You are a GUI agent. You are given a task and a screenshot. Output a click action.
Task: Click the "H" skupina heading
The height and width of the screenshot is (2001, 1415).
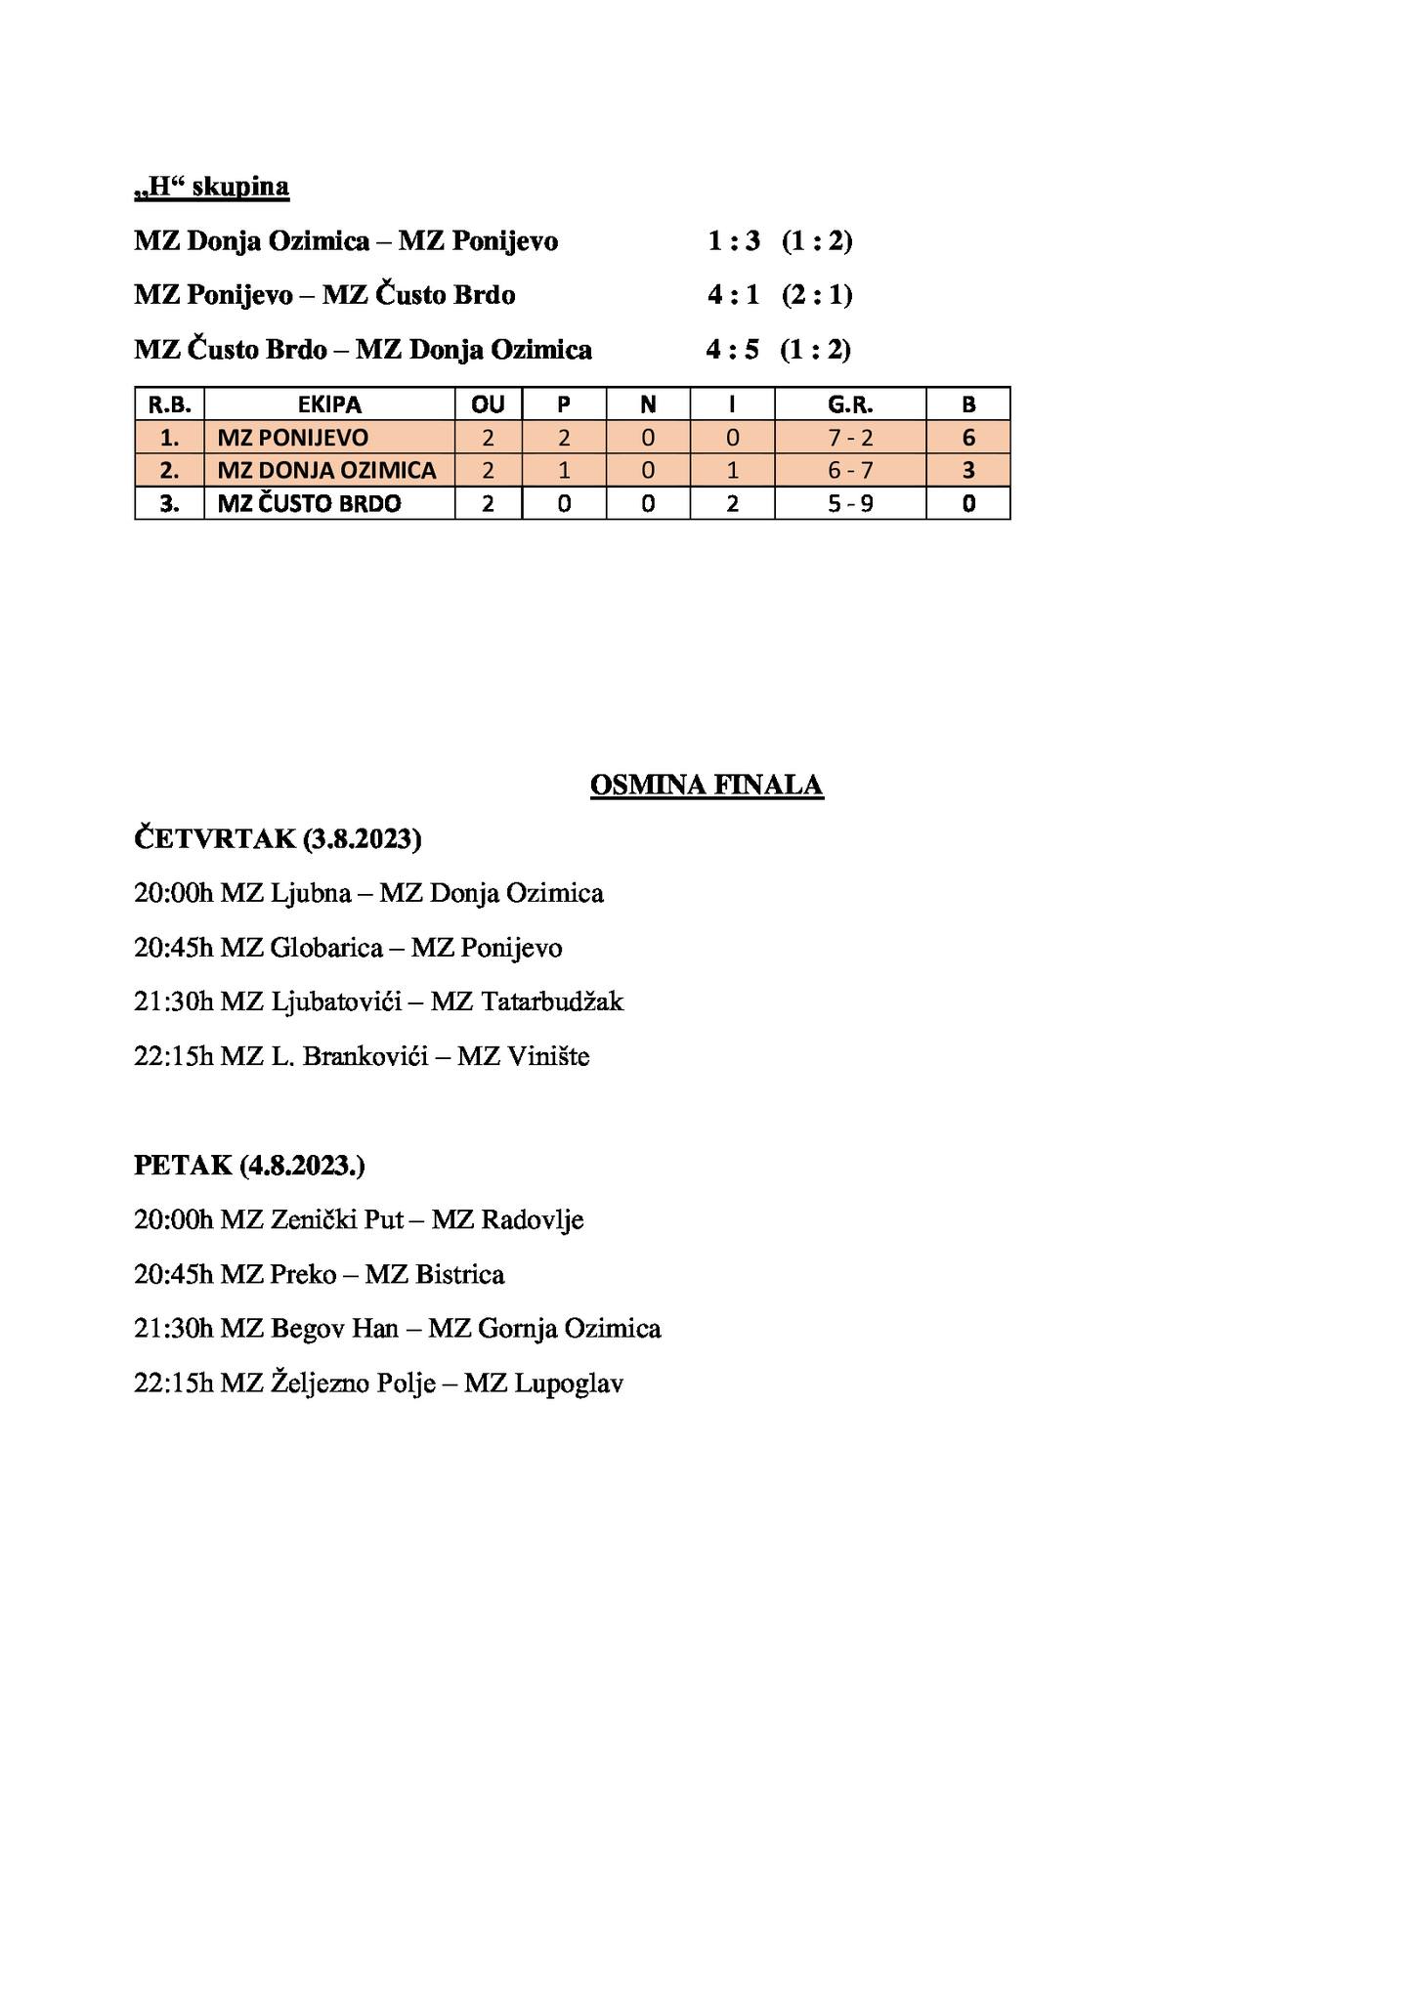[x=211, y=187]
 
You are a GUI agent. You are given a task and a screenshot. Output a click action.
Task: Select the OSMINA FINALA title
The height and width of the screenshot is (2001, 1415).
[x=707, y=786]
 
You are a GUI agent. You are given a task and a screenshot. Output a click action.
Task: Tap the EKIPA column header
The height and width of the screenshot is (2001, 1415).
[x=329, y=404]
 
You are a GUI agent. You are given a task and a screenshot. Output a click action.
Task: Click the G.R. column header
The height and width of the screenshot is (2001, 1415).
[x=850, y=404]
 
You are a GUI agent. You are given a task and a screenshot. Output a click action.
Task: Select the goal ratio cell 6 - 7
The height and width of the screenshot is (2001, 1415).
[x=850, y=471]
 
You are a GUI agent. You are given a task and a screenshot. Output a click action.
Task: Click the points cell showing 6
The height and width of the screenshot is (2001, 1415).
[x=968, y=438]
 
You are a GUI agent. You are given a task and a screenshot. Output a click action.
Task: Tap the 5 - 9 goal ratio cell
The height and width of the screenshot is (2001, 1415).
[x=850, y=504]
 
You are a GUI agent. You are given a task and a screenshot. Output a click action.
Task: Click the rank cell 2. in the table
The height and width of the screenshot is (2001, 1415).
[x=169, y=471]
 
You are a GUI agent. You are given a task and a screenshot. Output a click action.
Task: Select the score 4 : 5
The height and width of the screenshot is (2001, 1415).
[x=732, y=350]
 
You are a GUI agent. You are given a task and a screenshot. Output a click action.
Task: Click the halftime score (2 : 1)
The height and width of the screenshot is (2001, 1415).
[x=817, y=295]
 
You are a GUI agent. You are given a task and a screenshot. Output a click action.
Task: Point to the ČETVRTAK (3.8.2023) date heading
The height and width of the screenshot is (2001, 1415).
[x=278, y=838]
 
